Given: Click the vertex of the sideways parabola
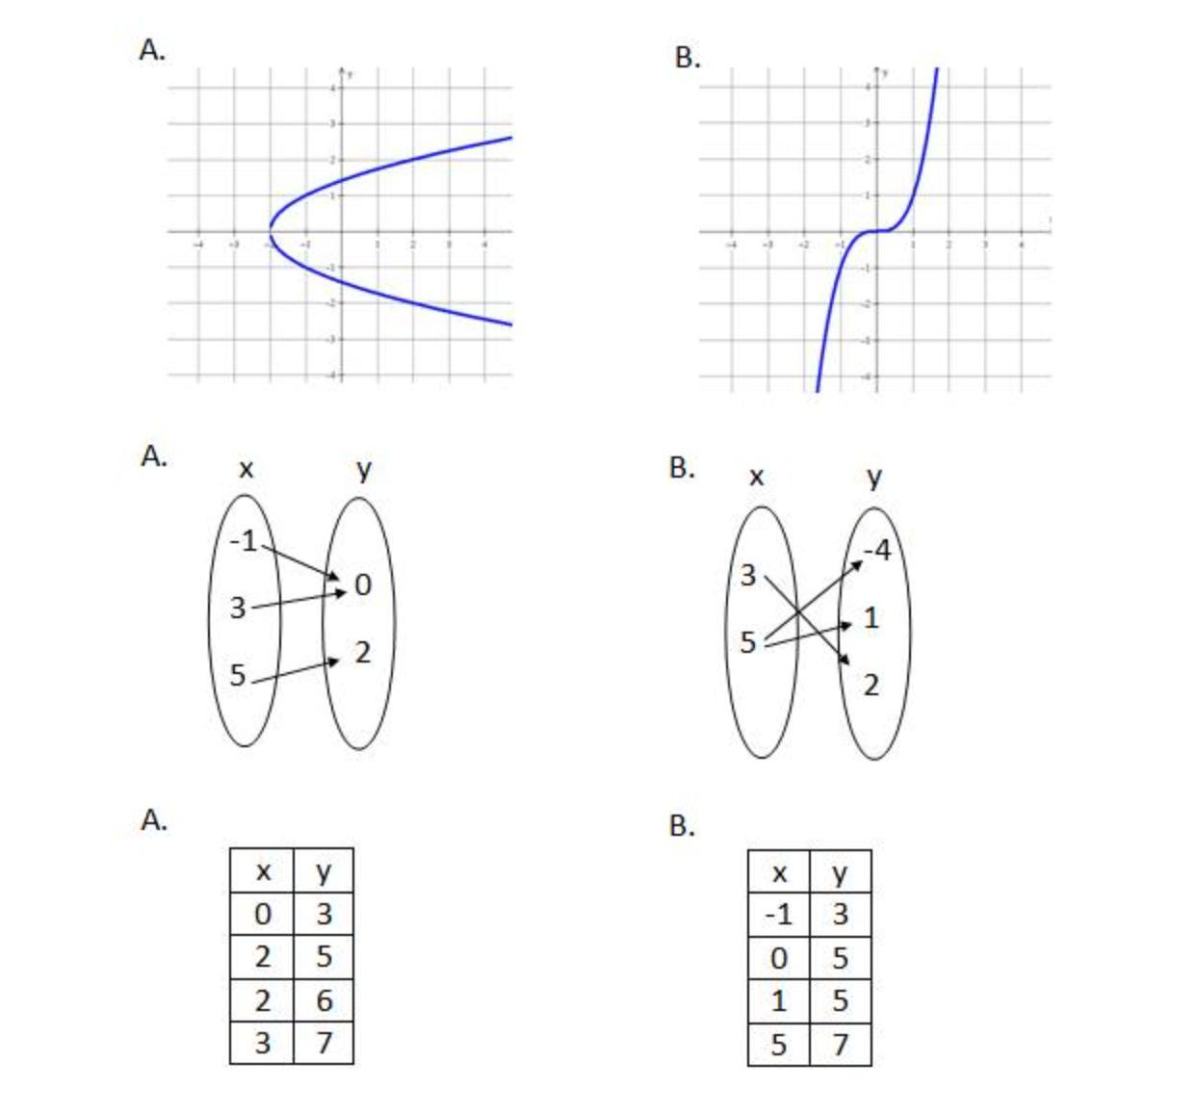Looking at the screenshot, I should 271,231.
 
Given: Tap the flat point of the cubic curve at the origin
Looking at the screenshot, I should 876,231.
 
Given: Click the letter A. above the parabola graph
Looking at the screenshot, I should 152,50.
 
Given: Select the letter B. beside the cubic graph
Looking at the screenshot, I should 687,58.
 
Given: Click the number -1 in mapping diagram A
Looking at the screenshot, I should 245,541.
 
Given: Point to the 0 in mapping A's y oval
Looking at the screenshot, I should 362,584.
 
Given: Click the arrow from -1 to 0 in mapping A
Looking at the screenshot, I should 301,562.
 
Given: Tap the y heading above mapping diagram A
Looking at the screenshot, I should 363,469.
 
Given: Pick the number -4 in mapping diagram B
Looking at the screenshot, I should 876,551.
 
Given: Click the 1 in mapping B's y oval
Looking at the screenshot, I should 871,618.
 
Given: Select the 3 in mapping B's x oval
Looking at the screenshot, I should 748,576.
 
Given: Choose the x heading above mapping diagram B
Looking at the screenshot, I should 757,477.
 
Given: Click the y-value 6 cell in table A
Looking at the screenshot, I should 324,1000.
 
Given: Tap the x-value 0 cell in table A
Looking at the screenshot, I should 262,914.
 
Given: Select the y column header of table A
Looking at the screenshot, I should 324,871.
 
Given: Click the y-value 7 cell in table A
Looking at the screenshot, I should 324,1043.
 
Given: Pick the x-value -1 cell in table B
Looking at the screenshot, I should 779,914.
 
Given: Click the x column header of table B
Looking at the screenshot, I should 779,873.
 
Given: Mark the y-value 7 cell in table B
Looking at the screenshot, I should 841,1044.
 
